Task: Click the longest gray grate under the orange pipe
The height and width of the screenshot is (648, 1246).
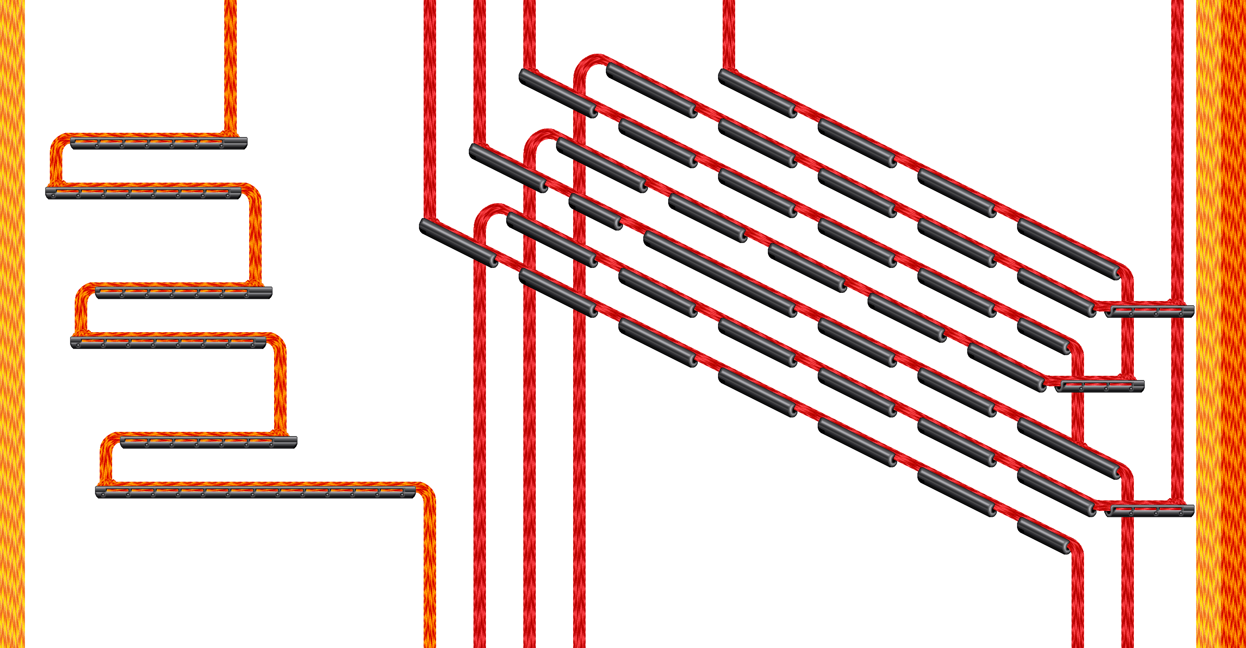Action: pyautogui.click(x=255, y=492)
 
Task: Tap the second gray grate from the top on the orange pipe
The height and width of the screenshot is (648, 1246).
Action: pyautogui.click(x=144, y=192)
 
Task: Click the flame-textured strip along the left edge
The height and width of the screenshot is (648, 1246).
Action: pyautogui.click(x=12, y=324)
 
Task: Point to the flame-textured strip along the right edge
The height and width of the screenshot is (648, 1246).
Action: pyautogui.click(x=1220, y=324)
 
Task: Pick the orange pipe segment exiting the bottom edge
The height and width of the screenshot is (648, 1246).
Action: pyautogui.click(x=429, y=580)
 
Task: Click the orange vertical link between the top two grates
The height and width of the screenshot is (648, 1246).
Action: pyautogui.click(x=56, y=162)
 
